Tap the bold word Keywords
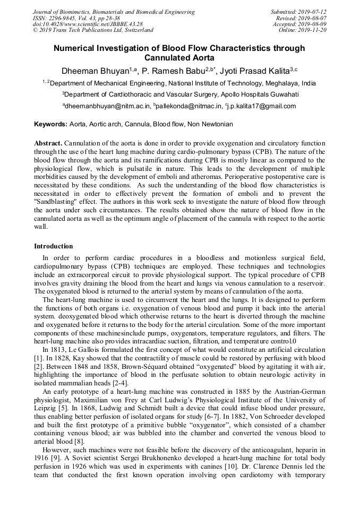[50, 124]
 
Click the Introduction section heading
[54, 246]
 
